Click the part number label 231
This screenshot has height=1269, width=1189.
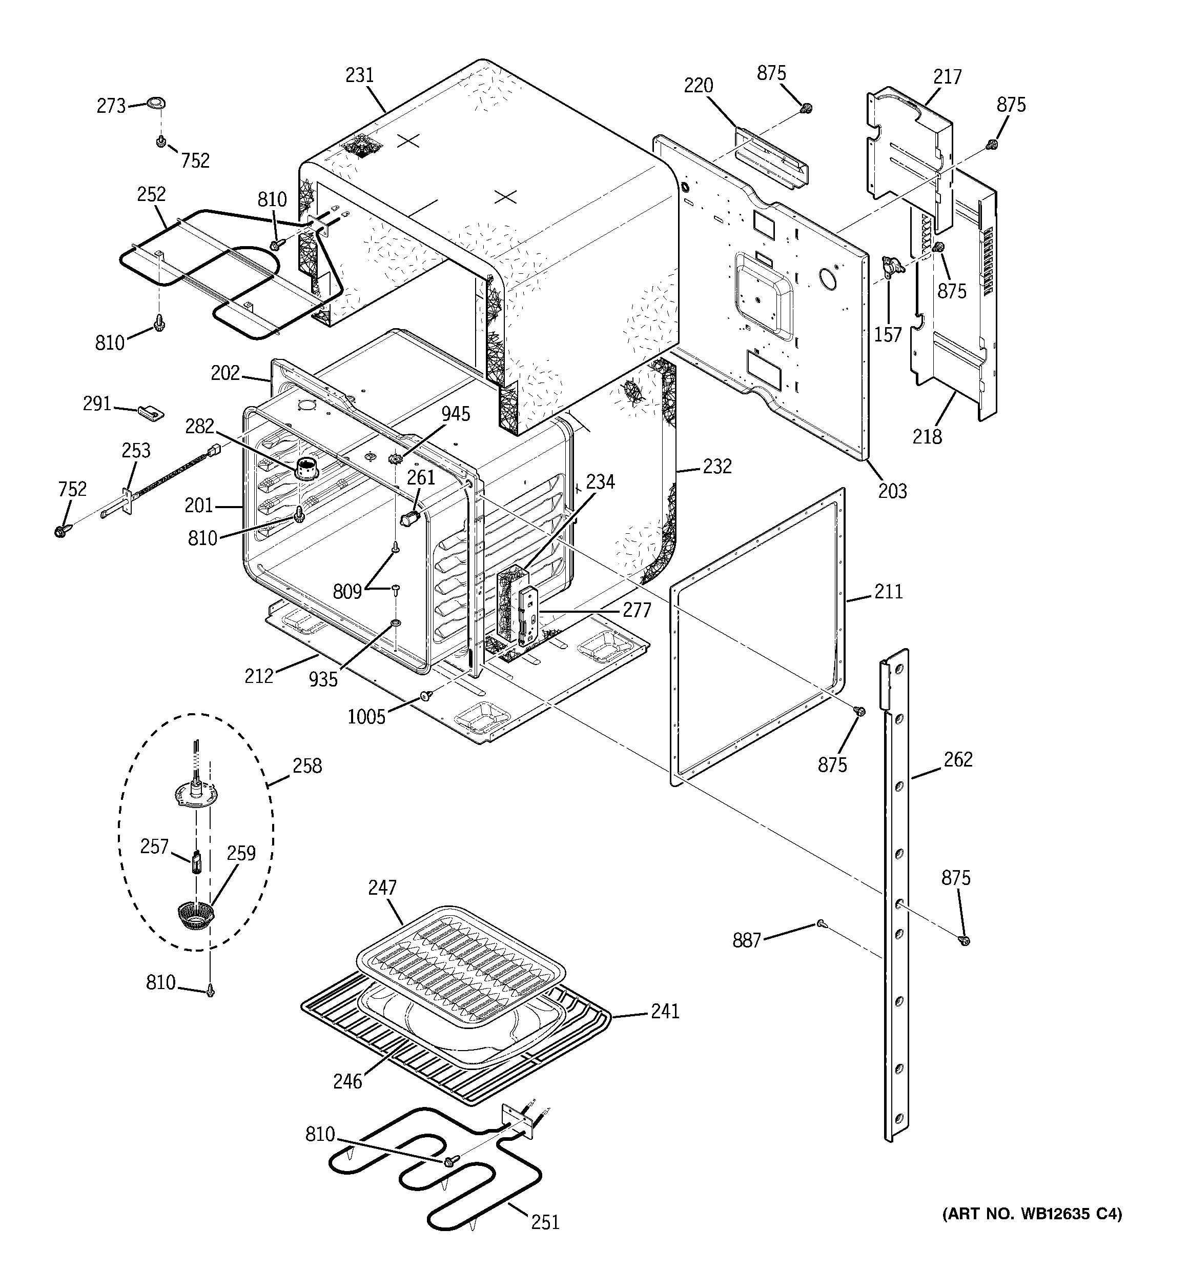(359, 75)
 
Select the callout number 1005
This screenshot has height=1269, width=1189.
(366, 717)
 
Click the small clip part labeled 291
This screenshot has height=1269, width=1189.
(151, 412)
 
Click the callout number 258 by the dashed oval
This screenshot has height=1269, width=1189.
(307, 766)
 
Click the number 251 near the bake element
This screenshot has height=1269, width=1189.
(544, 1222)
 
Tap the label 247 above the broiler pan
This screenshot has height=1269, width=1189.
(382, 888)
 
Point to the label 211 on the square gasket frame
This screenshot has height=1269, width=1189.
(888, 592)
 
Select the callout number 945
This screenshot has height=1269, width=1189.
(456, 414)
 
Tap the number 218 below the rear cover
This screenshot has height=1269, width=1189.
(927, 437)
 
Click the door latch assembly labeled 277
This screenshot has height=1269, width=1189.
(527, 615)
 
